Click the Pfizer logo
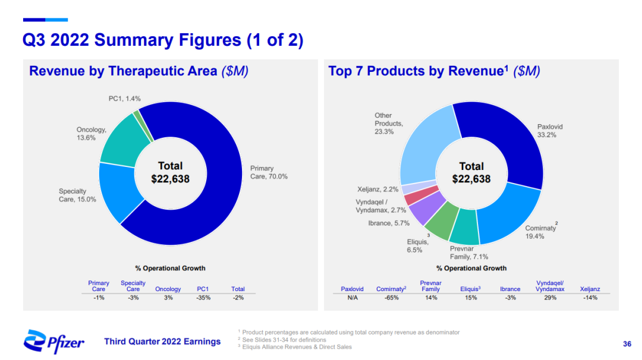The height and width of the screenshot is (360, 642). [x=53, y=341]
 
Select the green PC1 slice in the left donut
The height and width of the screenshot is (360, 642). [x=137, y=113]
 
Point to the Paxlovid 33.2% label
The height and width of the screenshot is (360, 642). [x=549, y=131]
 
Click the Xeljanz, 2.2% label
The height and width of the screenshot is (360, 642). [x=377, y=190]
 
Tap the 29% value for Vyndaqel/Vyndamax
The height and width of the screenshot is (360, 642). [x=550, y=298]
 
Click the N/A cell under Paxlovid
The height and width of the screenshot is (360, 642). [x=352, y=298]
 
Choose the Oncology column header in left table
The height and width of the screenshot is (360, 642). [x=168, y=289]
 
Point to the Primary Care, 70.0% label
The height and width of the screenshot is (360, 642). [x=269, y=172]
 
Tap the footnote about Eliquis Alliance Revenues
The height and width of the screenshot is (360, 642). [x=297, y=347]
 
